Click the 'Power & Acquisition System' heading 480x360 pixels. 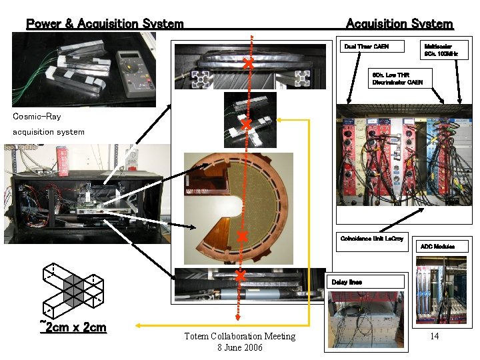click(x=105, y=24)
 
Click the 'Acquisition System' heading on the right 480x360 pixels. click(x=399, y=24)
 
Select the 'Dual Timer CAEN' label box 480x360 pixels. click(x=365, y=47)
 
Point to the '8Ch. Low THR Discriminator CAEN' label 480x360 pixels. click(x=397, y=77)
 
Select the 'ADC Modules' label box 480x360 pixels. click(x=437, y=247)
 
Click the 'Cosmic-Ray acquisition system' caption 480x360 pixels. click(x=48, y=124)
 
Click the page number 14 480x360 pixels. click(x=434, y=336)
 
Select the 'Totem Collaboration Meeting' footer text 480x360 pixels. click(x=239, y=337)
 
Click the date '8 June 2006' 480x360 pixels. click(x=239, y=347)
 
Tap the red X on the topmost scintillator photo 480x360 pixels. click(x=248, y=64)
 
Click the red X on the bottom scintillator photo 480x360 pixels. click(x=241, y=275)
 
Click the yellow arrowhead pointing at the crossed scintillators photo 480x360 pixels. click(x=279, y=120)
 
